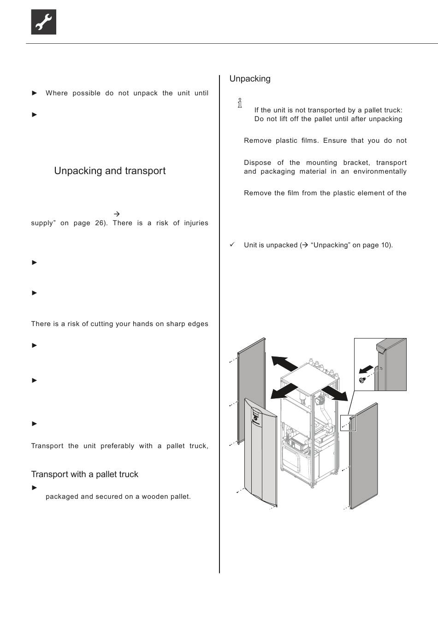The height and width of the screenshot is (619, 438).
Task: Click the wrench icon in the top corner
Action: click(x=44, y=22)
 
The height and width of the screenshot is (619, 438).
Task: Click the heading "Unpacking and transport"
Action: click(x=110, y=171)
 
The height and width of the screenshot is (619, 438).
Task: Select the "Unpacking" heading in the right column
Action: click(x=250, y=79)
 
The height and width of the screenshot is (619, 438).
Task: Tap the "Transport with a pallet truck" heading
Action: click(x=84, y=474)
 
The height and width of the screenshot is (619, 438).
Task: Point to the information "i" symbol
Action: click(x=240, y=103)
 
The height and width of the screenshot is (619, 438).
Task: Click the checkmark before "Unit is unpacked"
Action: click(x=232, y=245)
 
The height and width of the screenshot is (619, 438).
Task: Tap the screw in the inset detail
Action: click(x=362, y=380)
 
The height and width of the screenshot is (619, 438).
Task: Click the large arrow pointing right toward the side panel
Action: click(x=335, y=393)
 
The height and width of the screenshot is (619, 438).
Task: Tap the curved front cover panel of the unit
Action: click(x=260, y=454)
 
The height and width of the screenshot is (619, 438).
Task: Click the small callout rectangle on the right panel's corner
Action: click(x=349, y=422)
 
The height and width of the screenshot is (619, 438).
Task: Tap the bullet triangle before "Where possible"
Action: click(x=35, y=93)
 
